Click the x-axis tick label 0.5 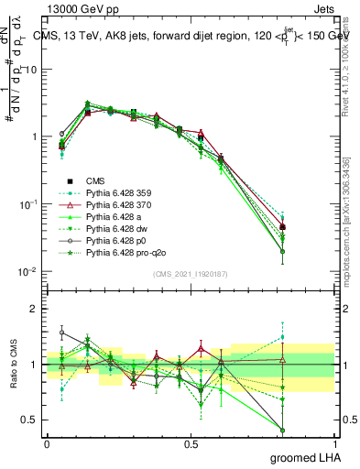191,443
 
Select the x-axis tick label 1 339,443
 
